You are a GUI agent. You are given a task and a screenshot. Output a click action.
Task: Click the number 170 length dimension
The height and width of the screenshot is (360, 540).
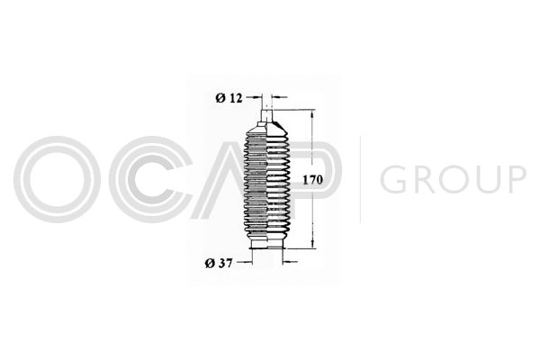point(312,180)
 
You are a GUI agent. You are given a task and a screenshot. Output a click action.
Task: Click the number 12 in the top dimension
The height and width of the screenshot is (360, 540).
point(236,98)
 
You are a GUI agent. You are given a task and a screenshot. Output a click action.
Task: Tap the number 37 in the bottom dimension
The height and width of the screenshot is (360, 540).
point(226,264)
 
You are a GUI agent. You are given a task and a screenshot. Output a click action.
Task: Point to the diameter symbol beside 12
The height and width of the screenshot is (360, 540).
point(220,98)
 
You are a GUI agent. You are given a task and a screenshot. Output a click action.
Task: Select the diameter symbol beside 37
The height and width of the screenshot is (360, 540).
point(210,264)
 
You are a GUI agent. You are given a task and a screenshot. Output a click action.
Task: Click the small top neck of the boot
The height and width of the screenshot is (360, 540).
point(267,114)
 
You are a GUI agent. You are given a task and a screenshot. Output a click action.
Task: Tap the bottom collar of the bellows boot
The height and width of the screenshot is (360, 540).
point(267,245)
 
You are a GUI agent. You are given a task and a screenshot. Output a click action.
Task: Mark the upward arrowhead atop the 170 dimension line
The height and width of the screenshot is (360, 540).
point(312,113)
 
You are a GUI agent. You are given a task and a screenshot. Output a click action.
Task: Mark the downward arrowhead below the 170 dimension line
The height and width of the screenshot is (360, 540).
point(312,244)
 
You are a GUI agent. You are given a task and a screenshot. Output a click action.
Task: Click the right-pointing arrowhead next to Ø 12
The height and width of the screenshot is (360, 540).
point(257,98)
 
